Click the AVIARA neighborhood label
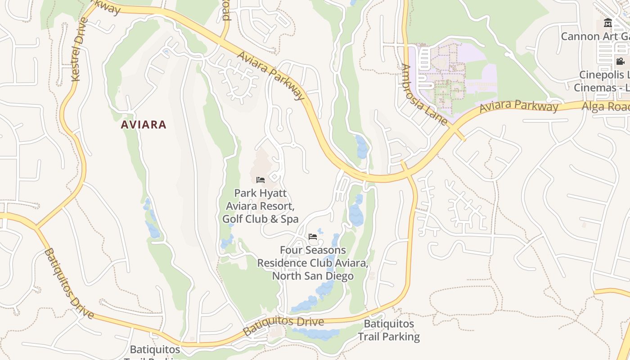coord(144,125)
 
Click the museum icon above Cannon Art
coord(608,23)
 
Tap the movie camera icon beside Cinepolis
coord(620,61)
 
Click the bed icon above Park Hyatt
coord(260,180)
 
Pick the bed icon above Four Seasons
coord(313,236)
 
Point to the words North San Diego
coord(313,275)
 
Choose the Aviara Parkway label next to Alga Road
coord(518,106)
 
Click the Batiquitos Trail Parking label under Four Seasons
coord(389,330)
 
